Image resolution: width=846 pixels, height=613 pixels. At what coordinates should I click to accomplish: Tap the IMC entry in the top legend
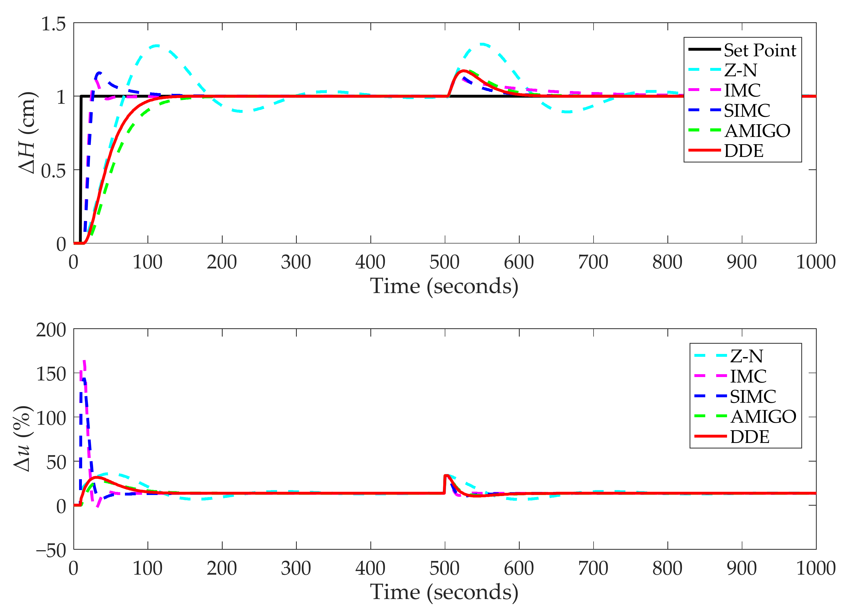point(742,90)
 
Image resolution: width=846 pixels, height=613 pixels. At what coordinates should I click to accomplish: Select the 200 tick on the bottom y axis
point(51,330)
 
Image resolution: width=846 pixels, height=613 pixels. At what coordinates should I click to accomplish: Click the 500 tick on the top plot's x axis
point(445,262)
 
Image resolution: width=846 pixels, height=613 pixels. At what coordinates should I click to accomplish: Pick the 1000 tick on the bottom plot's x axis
point(815,568)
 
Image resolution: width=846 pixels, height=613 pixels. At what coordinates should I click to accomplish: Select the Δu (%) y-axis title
point(22,439)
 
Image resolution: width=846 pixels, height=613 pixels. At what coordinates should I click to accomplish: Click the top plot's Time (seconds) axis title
point(444,287)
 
